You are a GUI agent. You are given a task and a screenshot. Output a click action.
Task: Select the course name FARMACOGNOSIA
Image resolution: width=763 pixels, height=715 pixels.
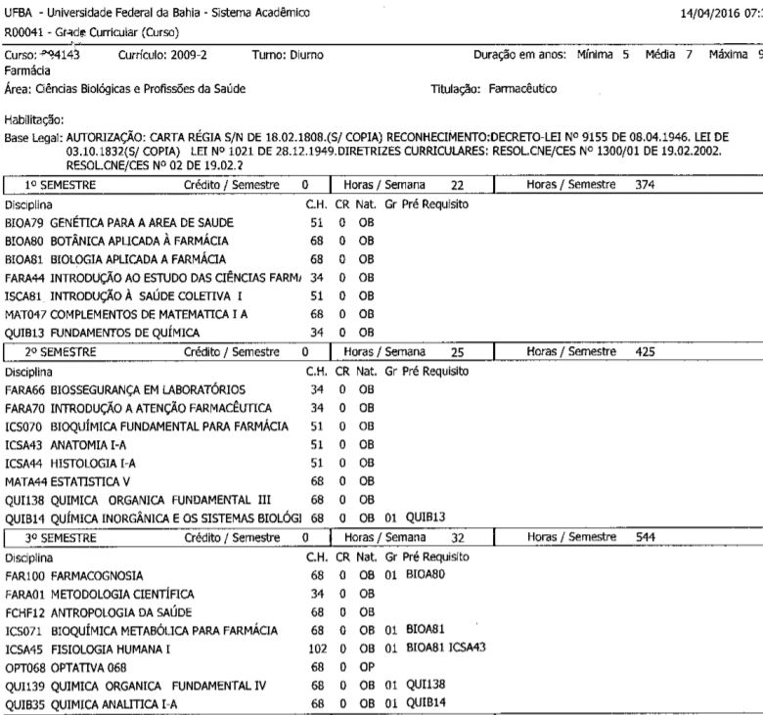[x=98, y=576]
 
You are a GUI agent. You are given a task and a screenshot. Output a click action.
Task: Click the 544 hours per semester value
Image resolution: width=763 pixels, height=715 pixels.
[x=648, y=539]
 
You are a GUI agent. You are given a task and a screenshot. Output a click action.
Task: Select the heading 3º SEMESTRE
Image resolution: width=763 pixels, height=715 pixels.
[x=61, y=539]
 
